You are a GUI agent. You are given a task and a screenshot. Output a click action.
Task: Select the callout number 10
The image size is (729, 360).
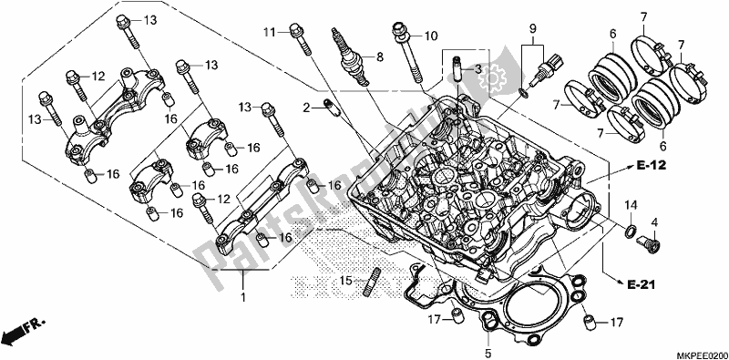point(431,36)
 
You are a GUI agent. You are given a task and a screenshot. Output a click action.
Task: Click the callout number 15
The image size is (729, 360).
point(345,280)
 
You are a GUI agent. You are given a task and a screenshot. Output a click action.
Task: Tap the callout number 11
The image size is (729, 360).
point(269,33)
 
